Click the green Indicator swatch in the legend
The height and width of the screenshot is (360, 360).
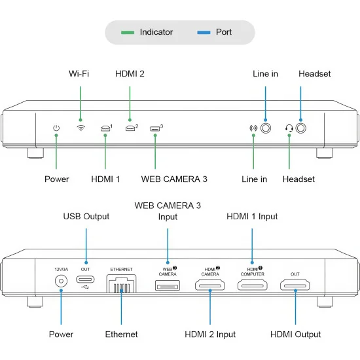[128, 32]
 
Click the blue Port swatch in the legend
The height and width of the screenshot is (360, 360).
[204, 32]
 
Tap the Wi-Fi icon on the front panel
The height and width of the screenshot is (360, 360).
[81, 128]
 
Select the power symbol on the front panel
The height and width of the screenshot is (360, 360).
[56, 128]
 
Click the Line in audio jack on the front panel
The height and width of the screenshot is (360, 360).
[266, 128]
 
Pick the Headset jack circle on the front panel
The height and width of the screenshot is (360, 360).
[301, 128]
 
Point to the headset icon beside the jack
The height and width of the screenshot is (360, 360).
[289, 128]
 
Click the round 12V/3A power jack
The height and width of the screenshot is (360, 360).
[61, 281]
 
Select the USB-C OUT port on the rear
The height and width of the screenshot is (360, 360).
[85, 279]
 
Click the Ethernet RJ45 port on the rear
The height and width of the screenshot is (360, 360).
[122, 283]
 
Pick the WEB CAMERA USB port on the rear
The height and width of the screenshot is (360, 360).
[168, 285]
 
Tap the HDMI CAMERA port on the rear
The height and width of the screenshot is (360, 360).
[210, 285]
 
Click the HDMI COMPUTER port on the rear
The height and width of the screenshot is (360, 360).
[252, 285]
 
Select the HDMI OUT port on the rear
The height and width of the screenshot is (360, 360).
[295, 285]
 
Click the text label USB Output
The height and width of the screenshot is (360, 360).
[86, 217]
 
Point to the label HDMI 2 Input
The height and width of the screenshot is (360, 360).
[210, 334]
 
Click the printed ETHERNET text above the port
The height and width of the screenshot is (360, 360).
[121, 269]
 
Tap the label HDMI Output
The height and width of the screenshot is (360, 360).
[295, 334]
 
